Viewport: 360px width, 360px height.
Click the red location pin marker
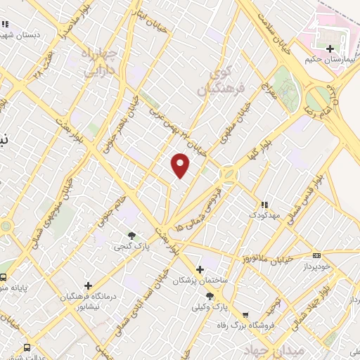click(181, 165)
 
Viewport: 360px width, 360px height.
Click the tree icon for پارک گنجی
click(131, 236)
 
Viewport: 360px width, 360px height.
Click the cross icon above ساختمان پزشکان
click(200, 269)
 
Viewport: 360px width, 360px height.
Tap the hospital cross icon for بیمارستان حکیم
click(330, 49)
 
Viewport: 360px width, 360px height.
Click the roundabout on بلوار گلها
click(229, 173)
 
